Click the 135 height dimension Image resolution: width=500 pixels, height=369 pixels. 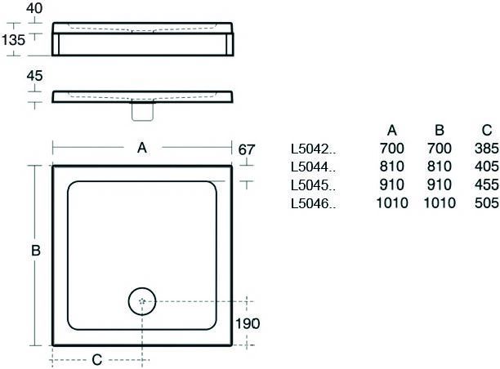(x=13, y=40)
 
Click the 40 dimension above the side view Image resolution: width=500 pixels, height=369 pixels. (x=34, y=8)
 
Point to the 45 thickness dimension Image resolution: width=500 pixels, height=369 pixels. (x=34, y=76)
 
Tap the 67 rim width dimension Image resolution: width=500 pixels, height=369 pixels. (x=247, y=149)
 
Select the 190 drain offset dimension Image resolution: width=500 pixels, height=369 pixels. (x=248, y=324)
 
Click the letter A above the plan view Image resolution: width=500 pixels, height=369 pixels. (x=142, y=148)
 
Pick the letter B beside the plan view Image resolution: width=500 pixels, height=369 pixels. (x=36, y=251)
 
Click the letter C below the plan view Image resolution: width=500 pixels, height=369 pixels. (x=97, y=360)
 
